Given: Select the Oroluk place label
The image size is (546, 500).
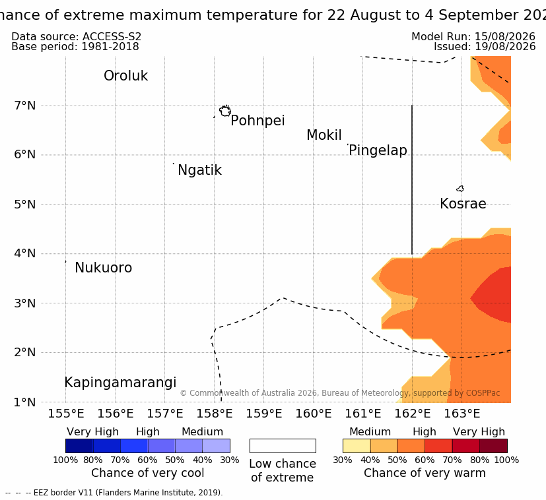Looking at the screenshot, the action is (x=125, y=76).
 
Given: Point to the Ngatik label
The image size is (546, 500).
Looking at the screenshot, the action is (x=199, y=170).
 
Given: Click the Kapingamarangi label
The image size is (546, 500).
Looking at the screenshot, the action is (x=120, y=383).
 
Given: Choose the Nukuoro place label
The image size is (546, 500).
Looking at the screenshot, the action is (x=104, y=268).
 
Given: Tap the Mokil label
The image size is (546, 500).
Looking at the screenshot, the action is (x=324, y=135).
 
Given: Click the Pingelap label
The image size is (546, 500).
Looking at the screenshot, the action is (x=378, y=150).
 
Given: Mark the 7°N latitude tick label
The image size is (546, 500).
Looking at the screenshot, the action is (x=24, y=106).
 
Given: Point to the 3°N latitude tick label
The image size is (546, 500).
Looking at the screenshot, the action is (x=24, y=303).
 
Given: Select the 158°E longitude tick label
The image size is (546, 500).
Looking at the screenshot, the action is (x=215, y=414).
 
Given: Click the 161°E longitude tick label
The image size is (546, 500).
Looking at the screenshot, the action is (x=363, y=414).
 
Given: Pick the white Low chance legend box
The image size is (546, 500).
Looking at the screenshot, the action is (x=283, y=446).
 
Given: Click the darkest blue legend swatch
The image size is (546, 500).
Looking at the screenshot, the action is (x=79, y=446).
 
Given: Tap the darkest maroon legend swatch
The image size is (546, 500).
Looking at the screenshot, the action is (x=493, y=446).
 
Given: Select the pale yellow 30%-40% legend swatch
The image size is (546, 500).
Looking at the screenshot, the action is (x=357, y=446).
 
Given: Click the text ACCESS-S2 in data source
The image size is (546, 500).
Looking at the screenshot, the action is (x=112, y=36).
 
